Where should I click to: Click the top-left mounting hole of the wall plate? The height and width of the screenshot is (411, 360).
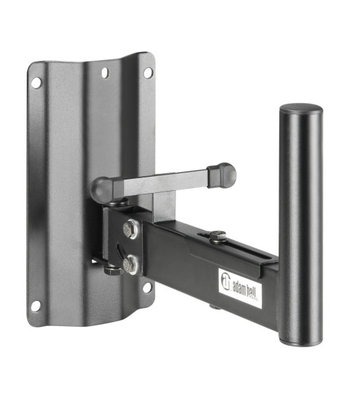click(x=36, y=83)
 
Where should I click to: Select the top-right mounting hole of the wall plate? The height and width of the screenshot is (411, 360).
click(x=148, y=73)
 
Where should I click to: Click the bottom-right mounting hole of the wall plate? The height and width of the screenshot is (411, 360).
click(x=147, y=288)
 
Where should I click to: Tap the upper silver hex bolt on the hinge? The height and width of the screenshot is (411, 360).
click(x=131, y=229)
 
